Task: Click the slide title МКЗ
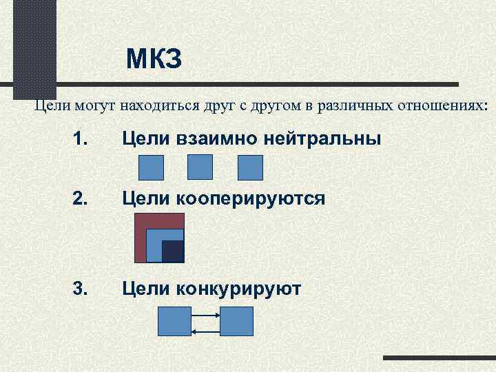(x=154, y=61)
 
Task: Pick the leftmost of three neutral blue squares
(x=152, y=167)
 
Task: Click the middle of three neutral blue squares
(x=200, y=167)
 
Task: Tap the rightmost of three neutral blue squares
(x=250, y=167)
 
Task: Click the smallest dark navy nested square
(x=172, y=251)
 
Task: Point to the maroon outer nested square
(x=142, y=238)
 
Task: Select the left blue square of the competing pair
(x=174, y=321)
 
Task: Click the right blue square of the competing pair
(x=236, y=321)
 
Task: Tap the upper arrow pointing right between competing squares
(x=205, y=316)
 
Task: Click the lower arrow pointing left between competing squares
(x=205, y=331)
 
